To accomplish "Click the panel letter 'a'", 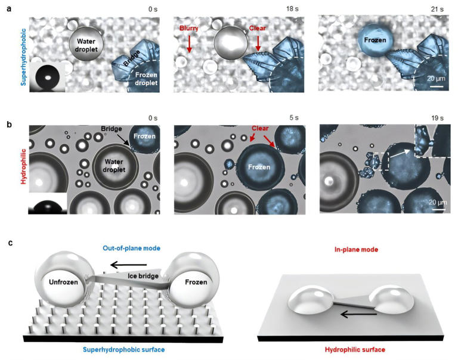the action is (9, 9).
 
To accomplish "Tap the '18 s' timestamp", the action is (292, 9).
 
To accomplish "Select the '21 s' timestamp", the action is (437, 10).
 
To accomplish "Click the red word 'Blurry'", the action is (189, 29).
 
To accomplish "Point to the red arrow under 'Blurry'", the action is (189, 43).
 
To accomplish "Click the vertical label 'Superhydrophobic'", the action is (23, 57).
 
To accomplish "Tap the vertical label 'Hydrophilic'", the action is (23, 166).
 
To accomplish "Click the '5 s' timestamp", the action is (294, 117).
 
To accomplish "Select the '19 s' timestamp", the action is (437, 118).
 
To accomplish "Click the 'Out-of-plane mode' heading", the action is (131, 248).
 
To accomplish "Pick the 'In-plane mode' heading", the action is (357, 249).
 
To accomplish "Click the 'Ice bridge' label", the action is (143, 275).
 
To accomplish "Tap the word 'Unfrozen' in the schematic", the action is (63, 282).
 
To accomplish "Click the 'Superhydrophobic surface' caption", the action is (124, 349).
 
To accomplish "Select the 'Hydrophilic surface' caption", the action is (355, 349).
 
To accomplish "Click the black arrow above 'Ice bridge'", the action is (129, 265).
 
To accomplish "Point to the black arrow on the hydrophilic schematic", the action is (358, 314).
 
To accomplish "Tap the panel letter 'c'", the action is (11, 243).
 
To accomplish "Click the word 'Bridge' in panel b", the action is (112, 129).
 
